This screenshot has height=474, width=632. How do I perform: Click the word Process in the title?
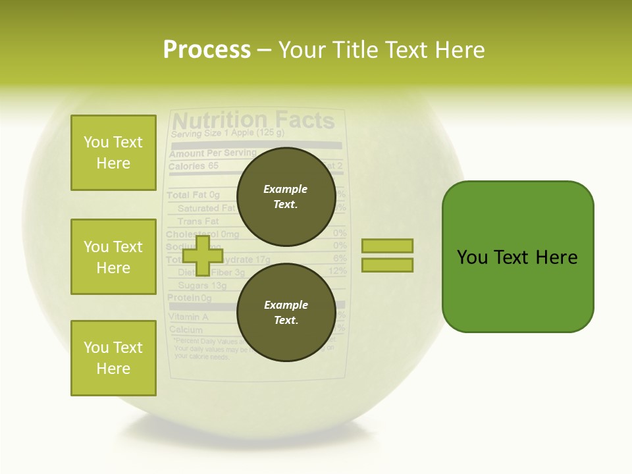207,50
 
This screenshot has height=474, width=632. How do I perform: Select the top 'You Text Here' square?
113,153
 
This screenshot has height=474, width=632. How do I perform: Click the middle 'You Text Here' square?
113,257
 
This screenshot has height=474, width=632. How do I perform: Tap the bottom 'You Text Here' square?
113,358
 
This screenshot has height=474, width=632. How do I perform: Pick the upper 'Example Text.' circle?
286,196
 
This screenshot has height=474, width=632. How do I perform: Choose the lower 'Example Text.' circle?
286,312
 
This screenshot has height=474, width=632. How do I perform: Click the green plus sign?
202,255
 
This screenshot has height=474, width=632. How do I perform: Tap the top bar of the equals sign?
387,246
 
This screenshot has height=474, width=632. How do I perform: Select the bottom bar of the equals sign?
387,265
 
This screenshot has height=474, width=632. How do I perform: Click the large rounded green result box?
517,257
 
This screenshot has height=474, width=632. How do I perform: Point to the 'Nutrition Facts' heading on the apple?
253,120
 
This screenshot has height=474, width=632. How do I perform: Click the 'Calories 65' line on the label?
194,167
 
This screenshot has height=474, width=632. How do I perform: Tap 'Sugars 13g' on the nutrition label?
202,286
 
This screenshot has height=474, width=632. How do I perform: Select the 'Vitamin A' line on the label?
188,317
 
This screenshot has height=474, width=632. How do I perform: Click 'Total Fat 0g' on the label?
193,196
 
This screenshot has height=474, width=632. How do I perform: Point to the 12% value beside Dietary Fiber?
337,271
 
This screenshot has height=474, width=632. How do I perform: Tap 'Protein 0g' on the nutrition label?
189,298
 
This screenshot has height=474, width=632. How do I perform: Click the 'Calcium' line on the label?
186,329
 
